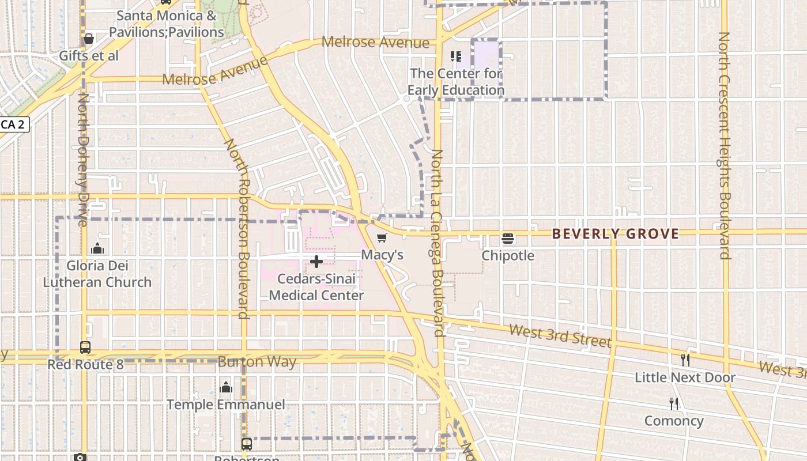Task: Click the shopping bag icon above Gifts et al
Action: (88, 39)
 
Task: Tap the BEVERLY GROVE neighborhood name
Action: (615, 234)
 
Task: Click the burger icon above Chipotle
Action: (508, 238)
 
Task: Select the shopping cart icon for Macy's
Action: (382, 237)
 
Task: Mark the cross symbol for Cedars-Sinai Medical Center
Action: (316, 262)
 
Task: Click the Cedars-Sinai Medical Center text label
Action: (316, 287)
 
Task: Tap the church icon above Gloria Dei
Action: (97, 248)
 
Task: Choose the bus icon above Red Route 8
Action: (85, 347)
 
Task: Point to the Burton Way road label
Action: (257, 362)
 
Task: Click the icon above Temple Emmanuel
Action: (226, 387)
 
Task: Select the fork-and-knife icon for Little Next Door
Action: (685, 360)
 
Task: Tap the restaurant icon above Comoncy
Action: (673, 403)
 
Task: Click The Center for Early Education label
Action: (455, 82)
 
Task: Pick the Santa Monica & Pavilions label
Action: (167, 24)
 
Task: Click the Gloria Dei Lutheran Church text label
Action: (97, 274)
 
